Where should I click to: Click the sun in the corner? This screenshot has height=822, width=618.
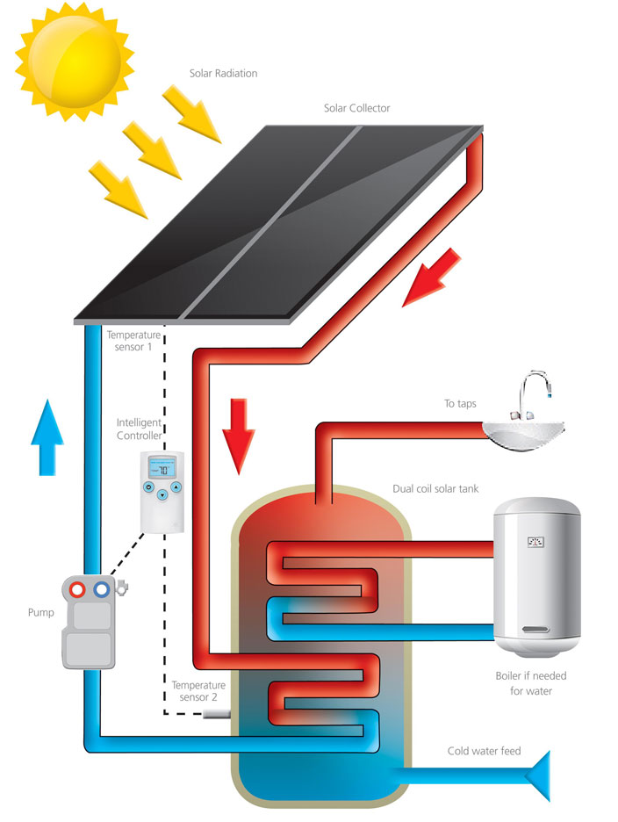pyautogui.click(x=75, y=61)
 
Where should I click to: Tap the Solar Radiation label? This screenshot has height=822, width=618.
pyautogui.click(x=223, y=74)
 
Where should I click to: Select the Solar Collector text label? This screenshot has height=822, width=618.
pyautogui.click(x=356, y=108)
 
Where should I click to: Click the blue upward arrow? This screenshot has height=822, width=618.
pyautogui.click(x=47, y=437)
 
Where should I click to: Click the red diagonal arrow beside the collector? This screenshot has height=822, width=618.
pyautogui.click(x=431, y=278)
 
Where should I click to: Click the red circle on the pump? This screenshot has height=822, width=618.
pyautogui.click(x=77, y=590)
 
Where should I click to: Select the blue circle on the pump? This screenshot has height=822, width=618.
pyautogui.click(x=102, y=590)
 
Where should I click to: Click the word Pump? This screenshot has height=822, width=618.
pyautogui.click(x=41, y=612)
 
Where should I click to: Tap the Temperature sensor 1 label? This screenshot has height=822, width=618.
pyautogui.click(x=133, y=341)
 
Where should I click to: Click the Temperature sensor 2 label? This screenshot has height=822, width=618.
pyautogui.click(x=198, y=691)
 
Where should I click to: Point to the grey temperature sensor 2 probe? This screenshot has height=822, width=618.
pyautogui.click(x=217, y=713)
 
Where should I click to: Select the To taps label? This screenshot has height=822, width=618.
pyautogui.click(x=460, y=404)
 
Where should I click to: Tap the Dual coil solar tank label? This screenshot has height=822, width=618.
pyautogui.click(x=435, y=488)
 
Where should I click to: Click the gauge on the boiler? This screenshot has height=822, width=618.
pyautogui.click(x=535, y=542)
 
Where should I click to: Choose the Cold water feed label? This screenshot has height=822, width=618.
pyautogui.click(x=484, y=751)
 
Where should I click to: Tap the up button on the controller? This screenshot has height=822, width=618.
pyautogui.click(x=176, y=487)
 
